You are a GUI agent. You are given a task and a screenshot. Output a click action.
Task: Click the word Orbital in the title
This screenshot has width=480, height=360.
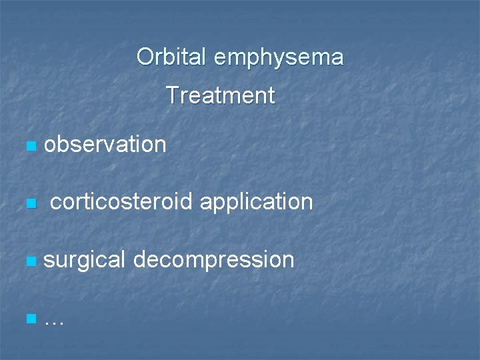coord(172,57)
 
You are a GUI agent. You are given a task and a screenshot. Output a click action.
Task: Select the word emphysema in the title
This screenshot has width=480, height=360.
coord(279,58)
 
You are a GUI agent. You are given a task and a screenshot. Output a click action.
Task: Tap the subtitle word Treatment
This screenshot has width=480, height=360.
coord(220,96)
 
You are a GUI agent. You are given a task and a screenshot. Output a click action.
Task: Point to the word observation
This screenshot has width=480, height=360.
coord(105,144)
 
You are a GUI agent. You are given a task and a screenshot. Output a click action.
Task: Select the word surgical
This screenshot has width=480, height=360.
coord(84,260)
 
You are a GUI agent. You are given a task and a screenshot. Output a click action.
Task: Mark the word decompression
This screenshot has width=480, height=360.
coord(213,260)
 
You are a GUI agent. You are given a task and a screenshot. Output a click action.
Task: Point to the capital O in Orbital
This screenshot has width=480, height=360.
coord(145,57)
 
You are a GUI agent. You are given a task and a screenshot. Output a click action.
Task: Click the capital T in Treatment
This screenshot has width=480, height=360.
coord(172,96)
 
